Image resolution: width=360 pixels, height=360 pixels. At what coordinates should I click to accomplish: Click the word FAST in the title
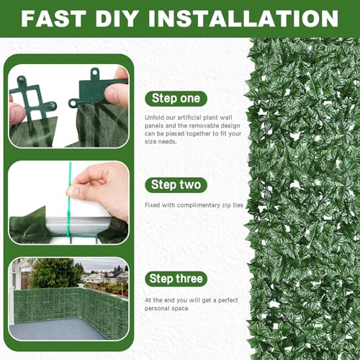pos(53,19)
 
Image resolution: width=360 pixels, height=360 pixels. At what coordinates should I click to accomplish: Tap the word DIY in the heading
pos(117,19)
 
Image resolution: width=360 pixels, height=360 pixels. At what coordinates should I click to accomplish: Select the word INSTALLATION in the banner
pos(243,19)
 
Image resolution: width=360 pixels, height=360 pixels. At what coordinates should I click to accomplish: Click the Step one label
pos(176,99)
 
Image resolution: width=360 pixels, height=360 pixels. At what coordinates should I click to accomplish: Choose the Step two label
pos(176,185)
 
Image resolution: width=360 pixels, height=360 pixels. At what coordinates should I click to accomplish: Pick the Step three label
pos(176,279)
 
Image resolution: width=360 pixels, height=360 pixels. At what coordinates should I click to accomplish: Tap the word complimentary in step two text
pos(199,205)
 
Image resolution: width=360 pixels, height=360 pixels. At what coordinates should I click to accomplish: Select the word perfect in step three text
pos(228,300)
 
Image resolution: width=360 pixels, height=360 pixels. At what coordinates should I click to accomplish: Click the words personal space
pos(166,308)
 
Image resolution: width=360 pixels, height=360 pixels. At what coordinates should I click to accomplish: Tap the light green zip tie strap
pos(69,202)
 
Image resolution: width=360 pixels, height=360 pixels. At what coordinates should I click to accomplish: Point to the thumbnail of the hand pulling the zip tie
pos(69,203)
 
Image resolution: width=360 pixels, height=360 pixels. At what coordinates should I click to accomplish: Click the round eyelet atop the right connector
pos(94,72)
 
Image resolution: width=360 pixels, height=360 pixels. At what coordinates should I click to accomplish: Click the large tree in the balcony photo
pos(55,273)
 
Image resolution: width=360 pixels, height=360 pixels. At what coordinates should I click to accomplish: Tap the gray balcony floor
pos(60,329)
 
